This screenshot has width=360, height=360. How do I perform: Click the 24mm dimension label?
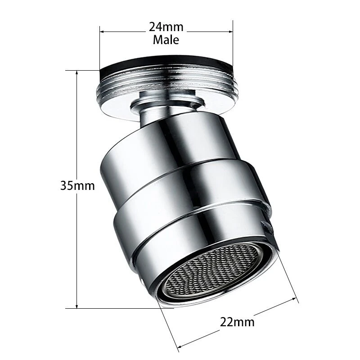tap(166, 27)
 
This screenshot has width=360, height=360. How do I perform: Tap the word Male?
tap(166, 40)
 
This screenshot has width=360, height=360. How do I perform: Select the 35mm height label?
tap(77, 185)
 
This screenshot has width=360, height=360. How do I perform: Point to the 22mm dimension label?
tap(237, 322)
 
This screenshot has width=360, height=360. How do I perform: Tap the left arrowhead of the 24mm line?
tap(101, 31)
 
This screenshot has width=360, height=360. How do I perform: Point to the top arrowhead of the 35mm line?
tap(77, 73)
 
